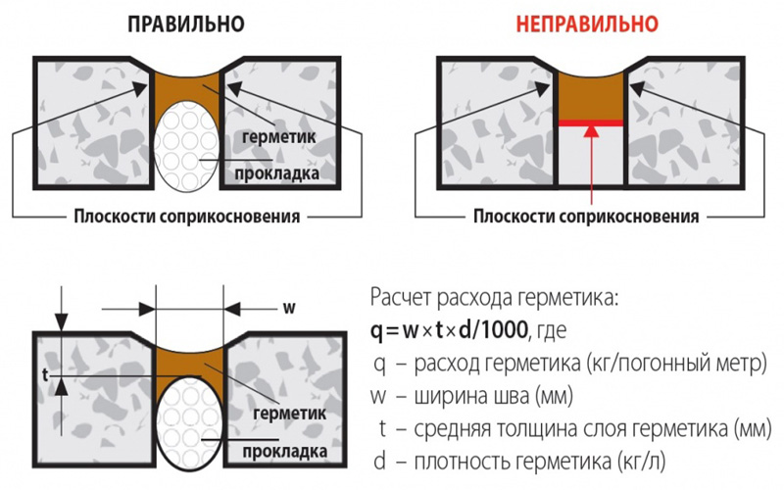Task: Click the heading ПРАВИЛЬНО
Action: pos(186,24)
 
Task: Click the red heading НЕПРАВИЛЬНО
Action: pos(587,24)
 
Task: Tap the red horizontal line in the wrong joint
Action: pos(591,123)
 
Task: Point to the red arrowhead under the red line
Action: pos(591,131)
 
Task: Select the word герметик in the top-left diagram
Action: pos(279,136)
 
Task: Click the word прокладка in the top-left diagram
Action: pos(276,173)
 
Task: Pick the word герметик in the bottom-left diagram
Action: pos(289,413)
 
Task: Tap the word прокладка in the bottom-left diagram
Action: pos(285,451)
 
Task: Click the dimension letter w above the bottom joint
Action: pos(289,307)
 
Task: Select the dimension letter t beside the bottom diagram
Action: pos(45,374)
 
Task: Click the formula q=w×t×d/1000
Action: pos(449,330)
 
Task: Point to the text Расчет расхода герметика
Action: pos(495,298)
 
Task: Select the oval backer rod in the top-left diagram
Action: pos(186,146)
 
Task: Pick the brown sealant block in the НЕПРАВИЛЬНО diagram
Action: pos(591,96)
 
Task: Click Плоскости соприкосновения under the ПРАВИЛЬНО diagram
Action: pos(187,217)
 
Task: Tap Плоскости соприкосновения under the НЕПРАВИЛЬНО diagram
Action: pos(586,217)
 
